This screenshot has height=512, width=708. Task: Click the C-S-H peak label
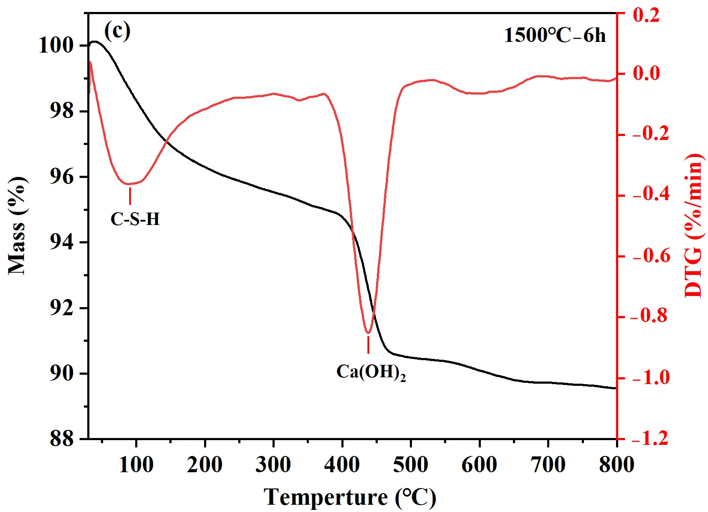click(135, 219)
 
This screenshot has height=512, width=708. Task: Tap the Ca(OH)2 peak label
click(370, 372)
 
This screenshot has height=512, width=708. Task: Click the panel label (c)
click(117, 31)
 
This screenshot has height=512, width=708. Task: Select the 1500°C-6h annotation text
click(555, 35)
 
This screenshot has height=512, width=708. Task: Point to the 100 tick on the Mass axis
click(56, 45)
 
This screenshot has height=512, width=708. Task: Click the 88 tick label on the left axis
click(62, 439)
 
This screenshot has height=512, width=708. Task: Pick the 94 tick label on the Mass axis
click(62, 243)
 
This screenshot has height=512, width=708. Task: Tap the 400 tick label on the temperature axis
click(342, 465)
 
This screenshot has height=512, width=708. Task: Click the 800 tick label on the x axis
click(616, 465)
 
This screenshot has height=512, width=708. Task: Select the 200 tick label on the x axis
click(204, 465)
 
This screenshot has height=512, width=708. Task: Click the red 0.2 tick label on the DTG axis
click(646, 15)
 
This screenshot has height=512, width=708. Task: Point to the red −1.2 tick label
click(650, 438)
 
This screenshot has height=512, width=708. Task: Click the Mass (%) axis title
click(17, 225)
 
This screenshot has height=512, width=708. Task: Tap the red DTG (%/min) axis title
click(693, 225)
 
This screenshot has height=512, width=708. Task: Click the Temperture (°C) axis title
click(350, 497)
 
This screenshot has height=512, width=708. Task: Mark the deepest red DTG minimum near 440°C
click(368, 332)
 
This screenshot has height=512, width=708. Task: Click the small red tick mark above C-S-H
click(130, 196)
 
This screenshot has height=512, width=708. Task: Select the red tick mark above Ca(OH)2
click(368, 345)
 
